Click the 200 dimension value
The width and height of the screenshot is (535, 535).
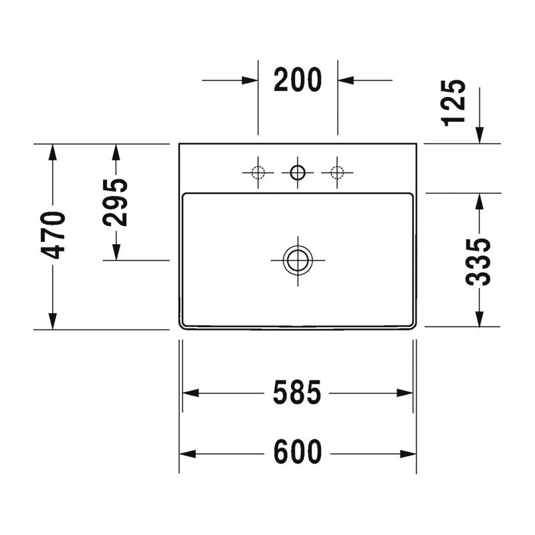coord(298,80)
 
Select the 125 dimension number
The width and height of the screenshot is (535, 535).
coord(454,102)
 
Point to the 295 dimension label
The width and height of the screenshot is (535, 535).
coord(116,201)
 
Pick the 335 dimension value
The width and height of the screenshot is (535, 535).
coord(479,261)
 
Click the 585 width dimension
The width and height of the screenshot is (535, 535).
coord(298,393)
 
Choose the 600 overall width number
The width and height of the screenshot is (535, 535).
coord(298,453)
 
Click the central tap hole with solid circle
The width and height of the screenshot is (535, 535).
coord(298,173)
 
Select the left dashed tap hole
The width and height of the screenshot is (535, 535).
coord(258,173)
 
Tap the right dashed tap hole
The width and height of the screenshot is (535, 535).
coord(337,173)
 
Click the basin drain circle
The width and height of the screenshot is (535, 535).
coord(298,259)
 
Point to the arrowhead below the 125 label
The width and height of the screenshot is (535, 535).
coord(479,135)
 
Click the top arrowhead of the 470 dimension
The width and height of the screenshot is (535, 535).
coord(53,152)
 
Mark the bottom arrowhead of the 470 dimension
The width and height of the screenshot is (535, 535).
coord(53,322)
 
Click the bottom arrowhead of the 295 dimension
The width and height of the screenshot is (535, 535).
coord(116,252)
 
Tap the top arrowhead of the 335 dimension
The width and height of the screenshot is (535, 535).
coord(479,201)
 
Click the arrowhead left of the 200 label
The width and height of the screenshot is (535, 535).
coord(250,80)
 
